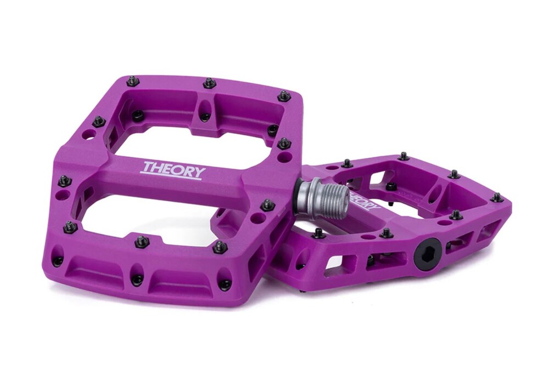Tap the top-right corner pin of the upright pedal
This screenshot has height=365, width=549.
click(283, 95)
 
